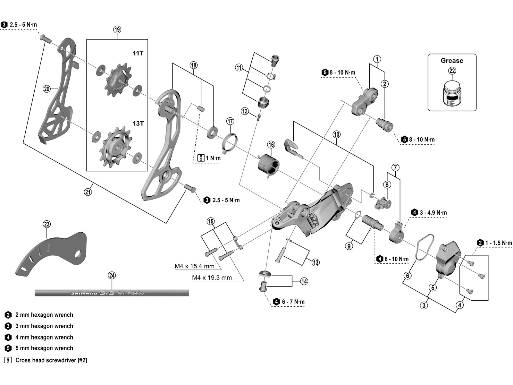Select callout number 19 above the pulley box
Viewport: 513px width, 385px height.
pyautogui.click(x=117, y=30)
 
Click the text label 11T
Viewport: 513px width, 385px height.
pyautogui.click(x=138, y=53)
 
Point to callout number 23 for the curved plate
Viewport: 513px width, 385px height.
pyautogui.click(x=47, y=224)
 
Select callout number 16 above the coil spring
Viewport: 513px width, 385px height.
pyautogui.click(x=271, y=145)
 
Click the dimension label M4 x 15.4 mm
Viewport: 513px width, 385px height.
pyautogui.click(x=194, y=266)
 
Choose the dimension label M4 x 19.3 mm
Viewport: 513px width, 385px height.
pyautogui.click(x=212, y=278)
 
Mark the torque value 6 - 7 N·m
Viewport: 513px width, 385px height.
pyautogui.click(x=293, y=302)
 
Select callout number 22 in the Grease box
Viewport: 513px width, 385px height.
pyautogui.click(x=452, y=71)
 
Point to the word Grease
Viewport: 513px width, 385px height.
pyautogui.click(x=452, y=61)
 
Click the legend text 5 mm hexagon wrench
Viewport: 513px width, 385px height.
pyautogui.click(x=44, y=348)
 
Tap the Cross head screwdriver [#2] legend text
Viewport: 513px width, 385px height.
pyautogui.click(x=51, y=360)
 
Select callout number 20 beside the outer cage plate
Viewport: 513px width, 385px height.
pyautogui.click(x=47, y=89)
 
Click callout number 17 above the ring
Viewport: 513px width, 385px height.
pyautogui.click(x=230, y=121)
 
